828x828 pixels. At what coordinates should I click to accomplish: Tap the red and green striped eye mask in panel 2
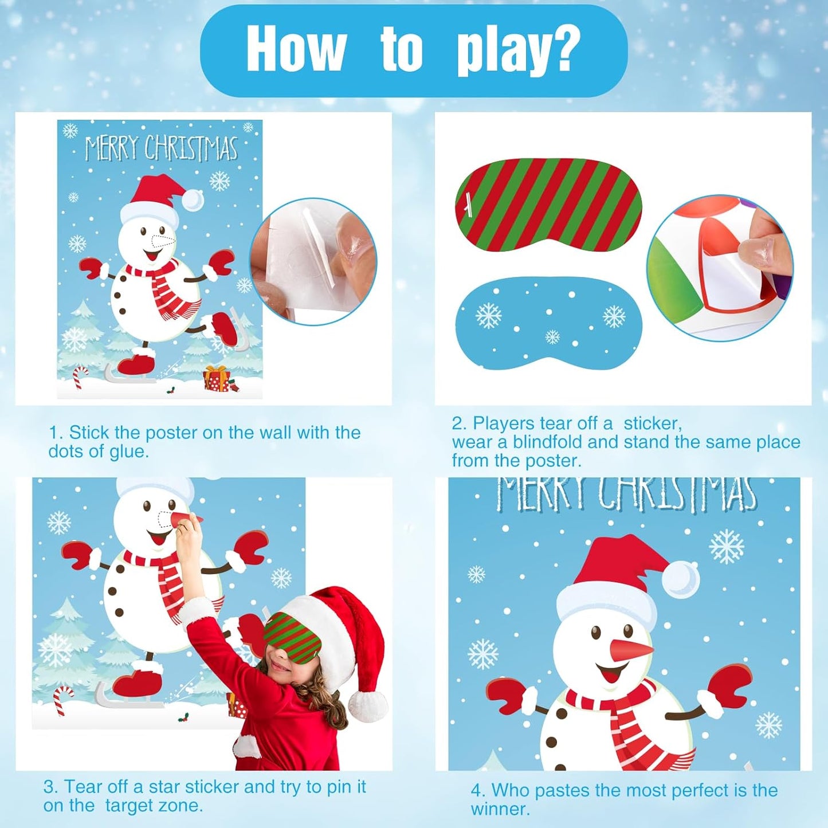548,205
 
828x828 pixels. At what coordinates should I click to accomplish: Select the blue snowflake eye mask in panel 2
548,324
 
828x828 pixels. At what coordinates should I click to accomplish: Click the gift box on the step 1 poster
218,379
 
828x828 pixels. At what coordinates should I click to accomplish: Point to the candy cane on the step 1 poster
80,376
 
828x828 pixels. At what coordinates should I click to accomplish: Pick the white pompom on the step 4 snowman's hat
681,577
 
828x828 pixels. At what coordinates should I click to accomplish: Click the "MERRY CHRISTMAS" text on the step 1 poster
161,148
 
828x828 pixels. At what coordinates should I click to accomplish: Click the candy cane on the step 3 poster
63,700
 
